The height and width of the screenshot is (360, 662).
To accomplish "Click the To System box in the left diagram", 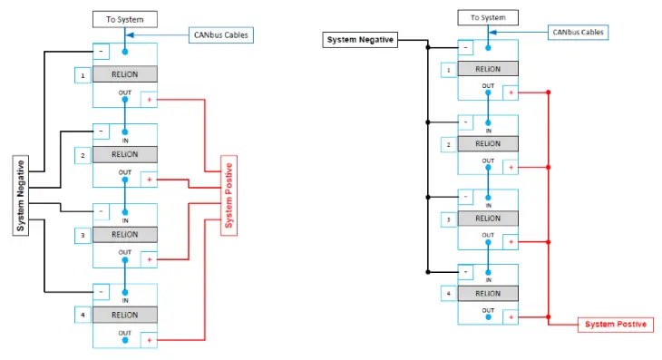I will pyautogui.click(x=124, y=18).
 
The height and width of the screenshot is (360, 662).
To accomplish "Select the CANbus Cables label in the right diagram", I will pyautogui.click(x=578, y=32).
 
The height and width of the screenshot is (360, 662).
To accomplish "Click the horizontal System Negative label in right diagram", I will pyautogui.click(x=359, y=40).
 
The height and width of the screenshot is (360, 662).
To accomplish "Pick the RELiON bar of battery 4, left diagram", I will pyautogui.click(x=124, y=315).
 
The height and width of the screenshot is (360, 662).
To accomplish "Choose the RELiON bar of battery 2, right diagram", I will pyautogui.click(x=488, y=143).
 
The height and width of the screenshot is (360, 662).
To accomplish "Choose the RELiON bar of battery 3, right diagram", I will pyautogui.click(x=488, y=219).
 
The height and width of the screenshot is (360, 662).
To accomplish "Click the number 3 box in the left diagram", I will pyautogui.click(x=83, y=235).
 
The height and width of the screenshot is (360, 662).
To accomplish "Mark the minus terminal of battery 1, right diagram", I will pyautogui.click(x=464, y=47).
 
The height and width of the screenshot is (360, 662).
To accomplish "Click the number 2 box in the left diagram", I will pyautogui.click(x=83, y=155).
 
